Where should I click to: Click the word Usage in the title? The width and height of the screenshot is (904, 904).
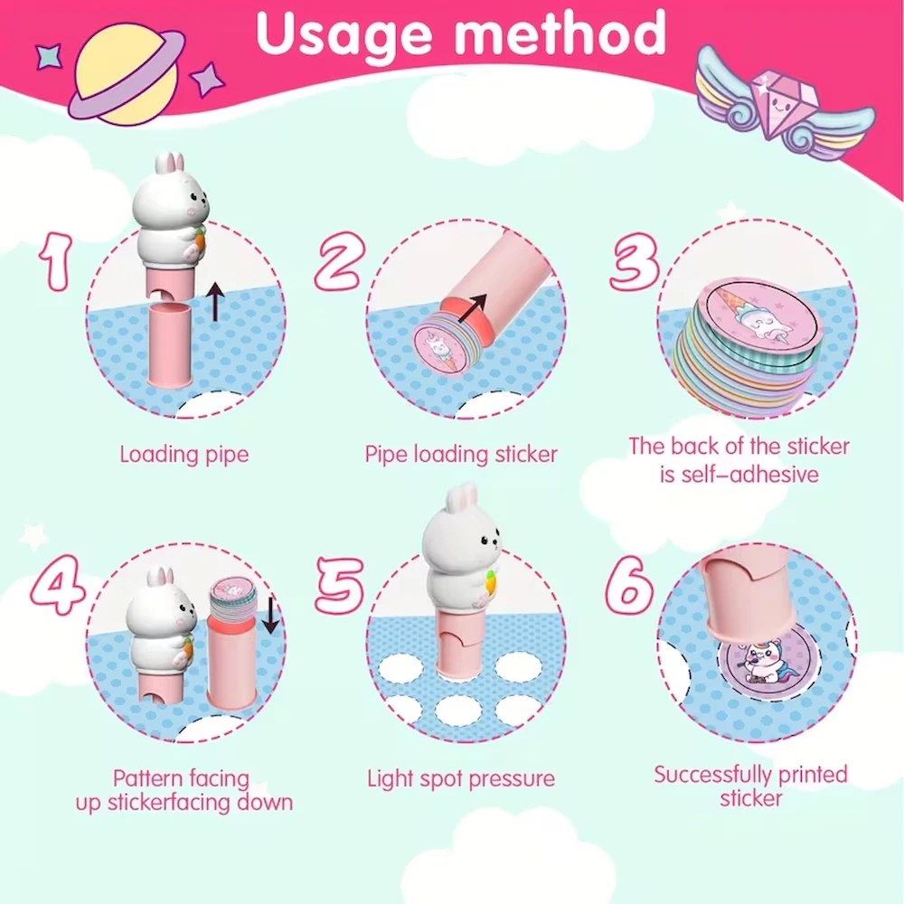344,34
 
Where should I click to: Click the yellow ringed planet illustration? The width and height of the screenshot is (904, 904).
126,75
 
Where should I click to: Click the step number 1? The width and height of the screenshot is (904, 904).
56,261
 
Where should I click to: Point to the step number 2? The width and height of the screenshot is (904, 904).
339,261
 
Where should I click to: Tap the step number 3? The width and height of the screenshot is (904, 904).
635,261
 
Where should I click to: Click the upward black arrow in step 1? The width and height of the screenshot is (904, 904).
216,301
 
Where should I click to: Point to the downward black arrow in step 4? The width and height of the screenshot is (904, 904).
270,615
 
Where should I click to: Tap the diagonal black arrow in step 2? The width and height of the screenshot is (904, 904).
472,308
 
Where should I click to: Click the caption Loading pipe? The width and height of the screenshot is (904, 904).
184,455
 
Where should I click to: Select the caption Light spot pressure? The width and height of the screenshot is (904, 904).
461,779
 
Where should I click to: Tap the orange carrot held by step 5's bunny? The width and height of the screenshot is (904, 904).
491,581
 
